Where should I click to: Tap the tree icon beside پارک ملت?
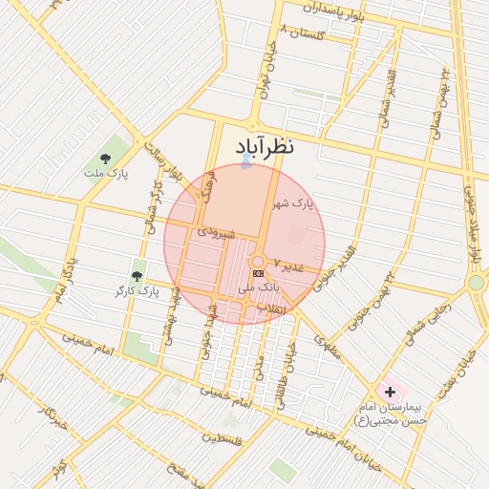tap(104, 159)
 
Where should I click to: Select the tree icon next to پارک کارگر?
tap(138, 276)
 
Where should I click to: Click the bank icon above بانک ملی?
tap(258, 273)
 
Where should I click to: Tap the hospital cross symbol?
tap(390, 392)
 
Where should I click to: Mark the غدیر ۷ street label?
tap(287, 263)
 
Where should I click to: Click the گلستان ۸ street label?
tap(305, 34)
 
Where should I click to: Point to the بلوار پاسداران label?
tap(335, 14)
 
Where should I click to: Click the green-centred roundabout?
tap(476, 282)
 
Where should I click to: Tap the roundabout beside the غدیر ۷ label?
tap(258, 262)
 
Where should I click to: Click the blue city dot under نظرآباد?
tap(246, 164)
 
